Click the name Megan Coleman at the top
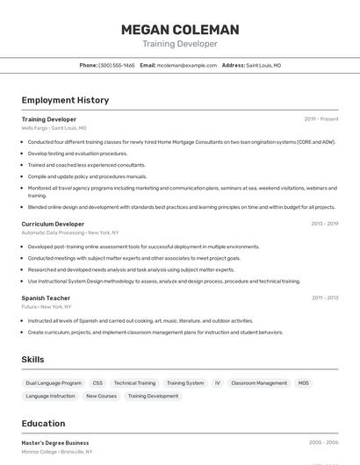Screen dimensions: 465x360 [x=180, y=30]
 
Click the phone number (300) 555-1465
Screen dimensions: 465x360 [x=117, y=65]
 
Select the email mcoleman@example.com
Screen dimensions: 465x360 [x=187, y=65]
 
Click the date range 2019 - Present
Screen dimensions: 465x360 [x=321, y=118]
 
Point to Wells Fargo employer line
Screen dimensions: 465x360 [x=54, y=128]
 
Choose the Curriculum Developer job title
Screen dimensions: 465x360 [x=53, y=224]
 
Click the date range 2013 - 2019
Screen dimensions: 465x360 [x=324, y=224]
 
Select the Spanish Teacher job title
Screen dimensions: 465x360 [x=46, y=297]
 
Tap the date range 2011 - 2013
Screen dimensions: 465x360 [x=325, y=297]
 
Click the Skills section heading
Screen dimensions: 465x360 [x=32, y=359]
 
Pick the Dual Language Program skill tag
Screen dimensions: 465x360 [x=54, y=383]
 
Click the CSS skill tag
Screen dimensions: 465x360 [x=97, y=383]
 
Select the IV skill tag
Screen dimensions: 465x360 [x=218, y=383]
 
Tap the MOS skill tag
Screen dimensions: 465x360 [x=304, y=383]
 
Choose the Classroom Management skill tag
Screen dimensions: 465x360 [x=259, y=383]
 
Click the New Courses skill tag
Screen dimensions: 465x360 [x=101, y=396]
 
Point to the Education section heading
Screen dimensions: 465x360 [x=43, y=423]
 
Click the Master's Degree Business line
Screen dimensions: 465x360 [x=55, y=442]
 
